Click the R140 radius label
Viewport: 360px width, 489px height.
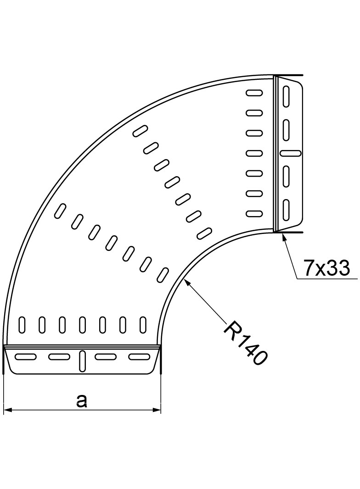click(x=245, y=343)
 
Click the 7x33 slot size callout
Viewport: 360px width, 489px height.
click(x=326, y=268)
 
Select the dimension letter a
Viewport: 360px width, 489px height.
click(x=81, y=401)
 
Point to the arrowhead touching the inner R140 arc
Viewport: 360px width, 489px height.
click(x=186, y=282)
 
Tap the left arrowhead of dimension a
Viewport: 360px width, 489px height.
click(x=8, y=410)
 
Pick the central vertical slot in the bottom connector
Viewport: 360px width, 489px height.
click(x=82, y=361)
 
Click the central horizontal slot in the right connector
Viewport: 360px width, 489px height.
click(x=290, y=152)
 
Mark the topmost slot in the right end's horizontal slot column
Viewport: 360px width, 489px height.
click(x=254, y=93)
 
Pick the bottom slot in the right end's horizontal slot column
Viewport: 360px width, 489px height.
click(x=254, y=213)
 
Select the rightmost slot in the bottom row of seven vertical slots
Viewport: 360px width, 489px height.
click(x=143, y=324)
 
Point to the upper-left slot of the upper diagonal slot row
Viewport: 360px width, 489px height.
click(x=140, y=131)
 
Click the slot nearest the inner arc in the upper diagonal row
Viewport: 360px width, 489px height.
click(x=204, y=233)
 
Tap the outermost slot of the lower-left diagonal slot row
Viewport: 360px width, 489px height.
click(x=59, y=211)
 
